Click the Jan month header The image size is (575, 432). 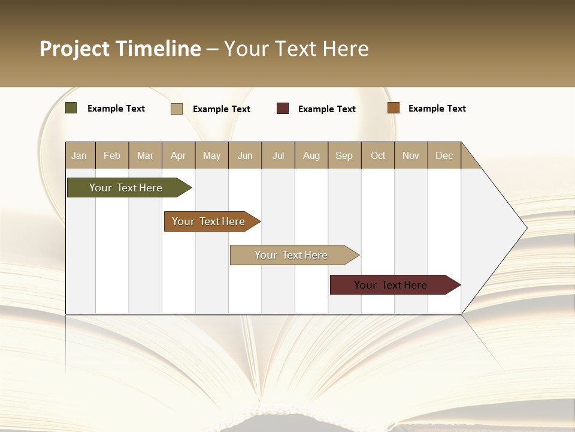[79, 155]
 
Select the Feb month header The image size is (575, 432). [112, 155]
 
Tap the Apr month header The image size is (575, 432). [178, 155]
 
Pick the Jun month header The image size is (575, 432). [245, 155]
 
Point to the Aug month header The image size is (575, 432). [311, 155]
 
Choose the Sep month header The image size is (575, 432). [344, 155]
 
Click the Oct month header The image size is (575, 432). [378, 155]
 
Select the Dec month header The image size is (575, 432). [444, 155]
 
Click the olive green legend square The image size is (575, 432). [71, 108]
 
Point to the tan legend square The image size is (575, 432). [177, 109]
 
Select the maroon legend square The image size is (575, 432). [283, 109]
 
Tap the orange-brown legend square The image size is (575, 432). [394, 108]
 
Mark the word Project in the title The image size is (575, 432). [75, 49]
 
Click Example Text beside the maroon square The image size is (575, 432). [326, 109]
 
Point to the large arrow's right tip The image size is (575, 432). [526, 228]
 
